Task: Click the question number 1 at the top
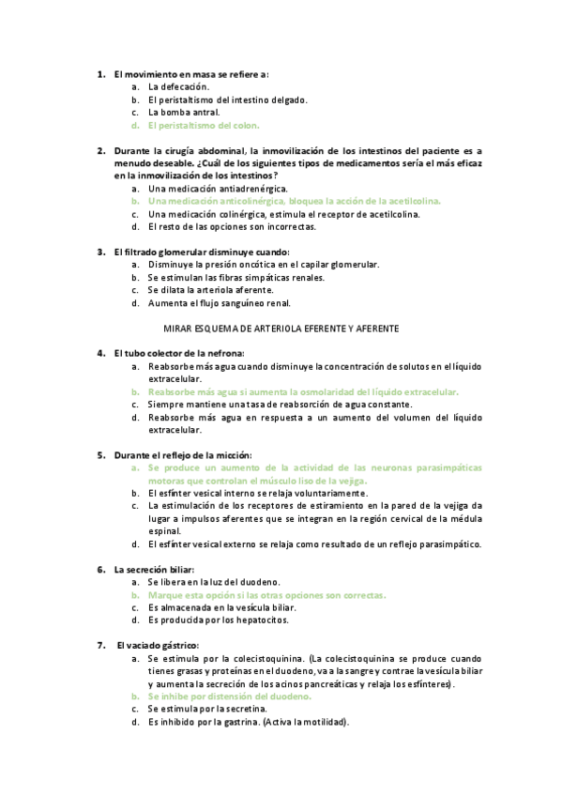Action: [100, 73]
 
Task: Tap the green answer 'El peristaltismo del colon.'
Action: [203, 124]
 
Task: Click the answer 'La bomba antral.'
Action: [183, 112]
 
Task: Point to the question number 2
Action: [100, 150]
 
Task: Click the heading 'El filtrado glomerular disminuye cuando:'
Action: [202, 252]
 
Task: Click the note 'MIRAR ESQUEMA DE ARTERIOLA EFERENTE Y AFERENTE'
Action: [281, 329]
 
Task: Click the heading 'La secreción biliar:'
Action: [154, 569]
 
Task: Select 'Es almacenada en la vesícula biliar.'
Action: [230, 607]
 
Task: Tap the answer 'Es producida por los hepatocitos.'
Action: [224, 620]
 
